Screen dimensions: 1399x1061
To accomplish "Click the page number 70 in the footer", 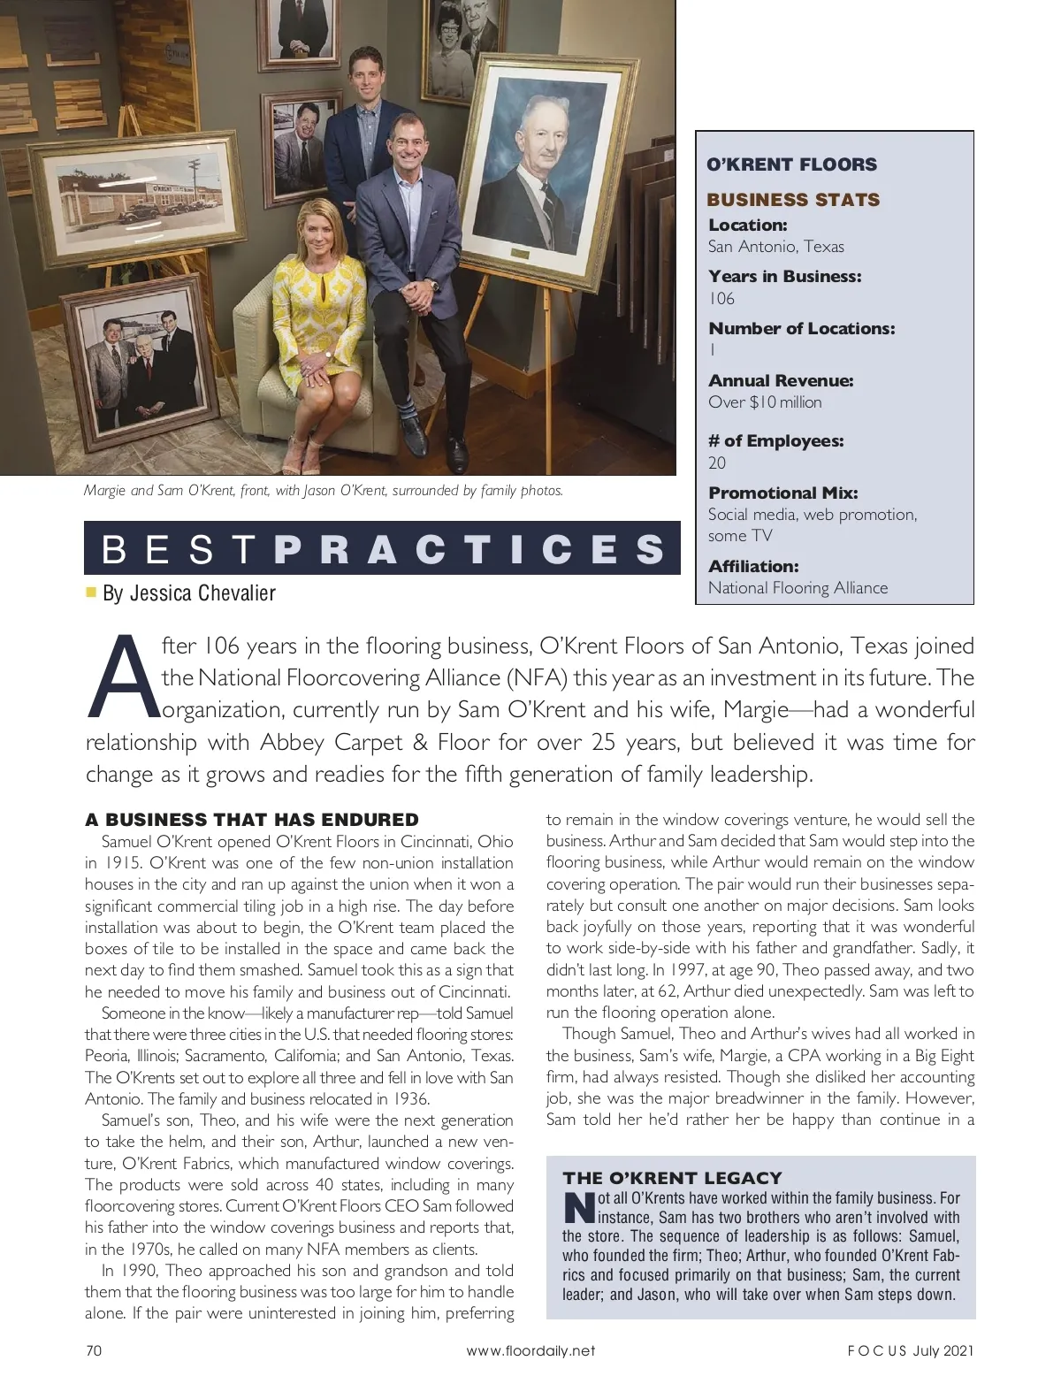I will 93,1350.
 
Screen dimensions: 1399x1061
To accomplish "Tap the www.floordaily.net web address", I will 530,1350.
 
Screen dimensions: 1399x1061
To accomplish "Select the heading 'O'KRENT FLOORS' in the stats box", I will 791,164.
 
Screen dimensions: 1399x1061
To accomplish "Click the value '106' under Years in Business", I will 721,299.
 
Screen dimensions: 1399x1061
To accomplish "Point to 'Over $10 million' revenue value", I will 765,402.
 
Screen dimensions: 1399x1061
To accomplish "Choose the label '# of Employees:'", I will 775,440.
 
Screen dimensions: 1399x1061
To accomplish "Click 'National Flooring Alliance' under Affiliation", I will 798,588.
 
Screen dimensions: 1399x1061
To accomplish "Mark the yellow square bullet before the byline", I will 90,591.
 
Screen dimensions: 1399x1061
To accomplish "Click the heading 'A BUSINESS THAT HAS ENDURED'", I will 252,820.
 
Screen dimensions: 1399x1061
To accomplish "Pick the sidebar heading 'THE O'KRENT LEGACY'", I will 672,1178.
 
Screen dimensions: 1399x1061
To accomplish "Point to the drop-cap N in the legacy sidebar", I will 578,1208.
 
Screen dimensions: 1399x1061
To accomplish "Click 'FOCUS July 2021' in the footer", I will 910,1350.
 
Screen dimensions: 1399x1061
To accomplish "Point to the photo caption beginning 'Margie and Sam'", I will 323,491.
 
